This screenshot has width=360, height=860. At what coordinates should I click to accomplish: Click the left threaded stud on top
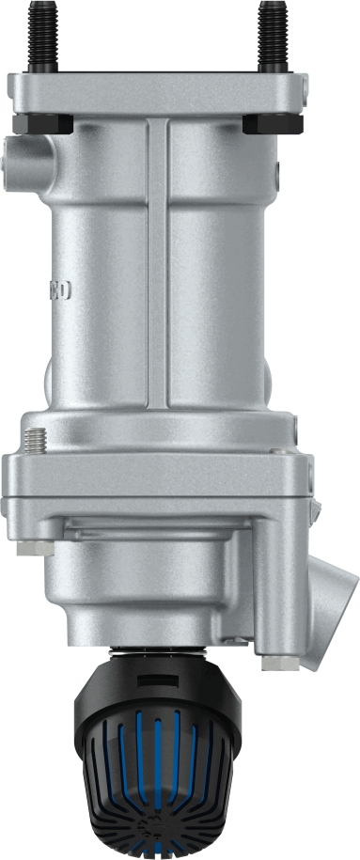click(x=41, y=37)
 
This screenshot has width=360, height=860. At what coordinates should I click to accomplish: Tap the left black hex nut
click(x=45, y=123)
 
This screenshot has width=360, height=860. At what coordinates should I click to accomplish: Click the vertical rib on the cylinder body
click(x=157, y=263)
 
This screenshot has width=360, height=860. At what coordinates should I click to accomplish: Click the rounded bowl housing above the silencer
click(x=150, y=583)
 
